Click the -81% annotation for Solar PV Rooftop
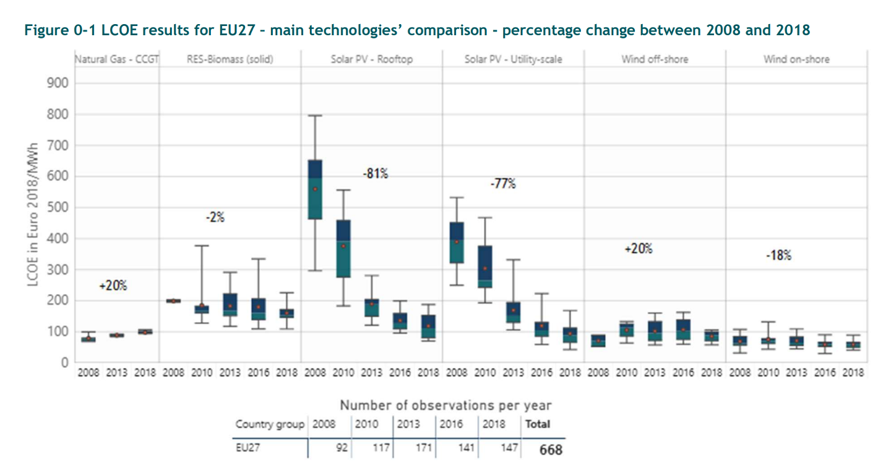coord(376,174)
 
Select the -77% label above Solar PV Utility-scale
coord(502,184)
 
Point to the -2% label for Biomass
coord(215,217)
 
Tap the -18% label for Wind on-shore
coord(778,255)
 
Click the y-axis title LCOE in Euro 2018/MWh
coord(33,214)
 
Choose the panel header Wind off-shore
coord(655,60)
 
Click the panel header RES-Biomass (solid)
coord(230,60)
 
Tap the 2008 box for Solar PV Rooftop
coord(314,189)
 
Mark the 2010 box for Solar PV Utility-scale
coord(485,266)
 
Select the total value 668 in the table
coord(550,449)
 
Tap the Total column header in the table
coord(537,424)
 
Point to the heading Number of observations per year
coord(445,406)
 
